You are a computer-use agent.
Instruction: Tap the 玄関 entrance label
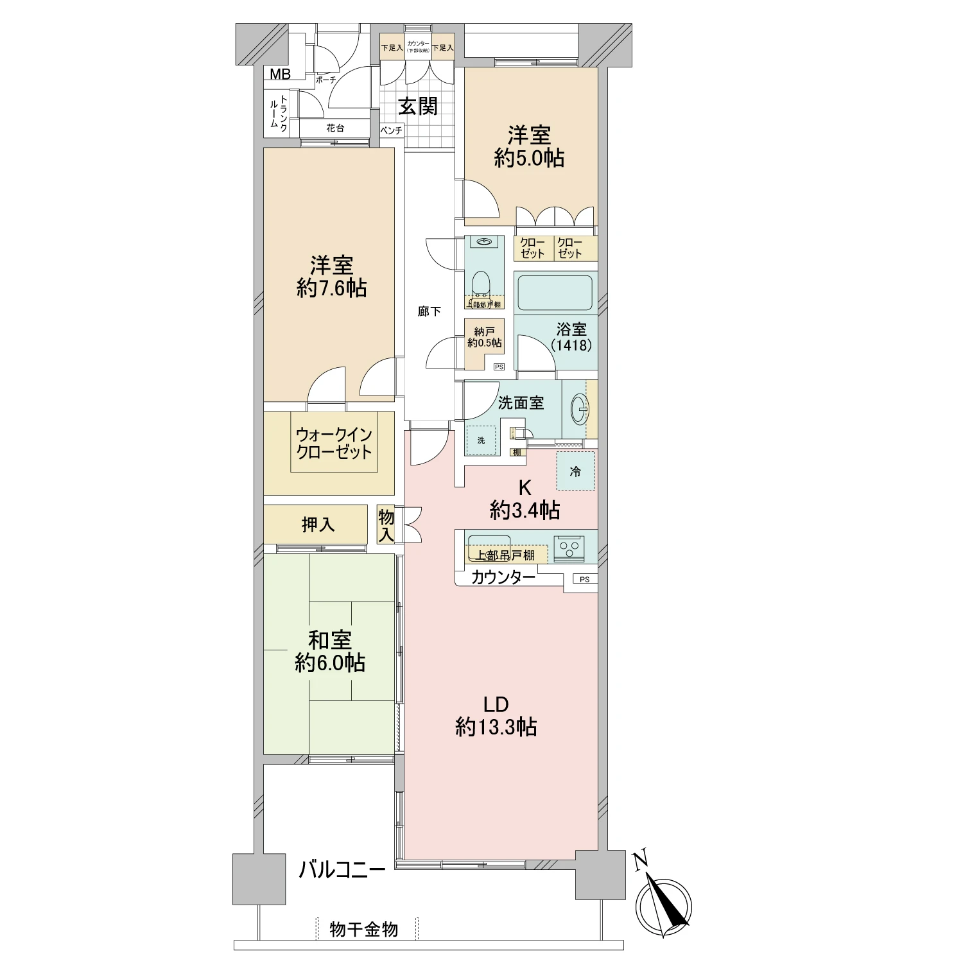tap(418, 106)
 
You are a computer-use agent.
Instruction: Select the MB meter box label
tap(280, 74)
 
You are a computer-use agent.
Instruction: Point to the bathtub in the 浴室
tap(555, 293)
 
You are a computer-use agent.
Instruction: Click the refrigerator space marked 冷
tap(575, 471)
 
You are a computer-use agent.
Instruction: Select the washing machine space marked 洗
tap(481, 440)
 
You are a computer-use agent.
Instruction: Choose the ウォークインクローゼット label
tap(334, 443)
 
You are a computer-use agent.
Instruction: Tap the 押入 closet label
tap(318, 525)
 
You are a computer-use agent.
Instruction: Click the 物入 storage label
tap(386, 525)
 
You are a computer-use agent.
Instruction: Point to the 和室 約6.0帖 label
tap(330, 651)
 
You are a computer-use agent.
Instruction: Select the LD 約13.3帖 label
tap(496, 716)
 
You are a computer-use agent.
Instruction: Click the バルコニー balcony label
tap(342, 871)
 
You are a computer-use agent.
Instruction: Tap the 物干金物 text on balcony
tap(363, 930)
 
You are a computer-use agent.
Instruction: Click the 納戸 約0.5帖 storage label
tap(485, 337)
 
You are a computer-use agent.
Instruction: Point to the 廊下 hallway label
tap(429, 311)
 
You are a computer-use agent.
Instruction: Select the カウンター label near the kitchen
tap(503, 577)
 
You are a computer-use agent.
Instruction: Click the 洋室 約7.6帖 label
tap(331, 277)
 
